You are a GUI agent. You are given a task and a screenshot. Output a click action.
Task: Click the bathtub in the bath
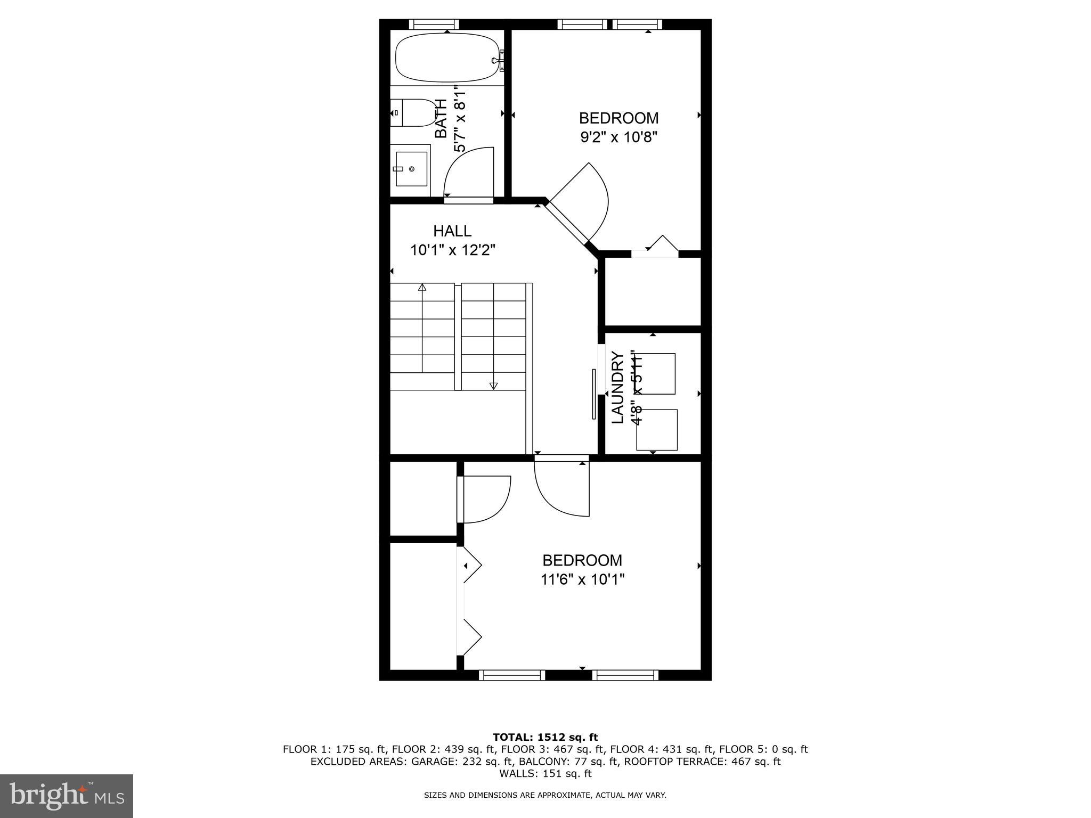pyautogui.click(x=447, y=58)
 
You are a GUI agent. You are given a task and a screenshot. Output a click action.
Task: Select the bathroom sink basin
pyautogui.click(x=411, y=169)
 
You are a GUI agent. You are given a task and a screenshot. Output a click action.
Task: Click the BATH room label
pyautogui.click(x=441, y=119)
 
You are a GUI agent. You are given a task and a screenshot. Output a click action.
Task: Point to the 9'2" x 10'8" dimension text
pyautogui.click(x=618, y=137)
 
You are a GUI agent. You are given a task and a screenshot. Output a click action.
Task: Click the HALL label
pyautogui.click(x=452, y=231)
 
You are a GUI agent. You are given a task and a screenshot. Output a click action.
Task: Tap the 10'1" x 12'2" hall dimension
pyautogui.click(x=453, y=250)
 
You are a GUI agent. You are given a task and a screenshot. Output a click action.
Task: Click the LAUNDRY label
pyautogui.click(x=617, y=387)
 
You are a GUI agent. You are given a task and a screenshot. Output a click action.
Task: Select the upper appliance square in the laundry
pyautogui.click(x=656, y=374)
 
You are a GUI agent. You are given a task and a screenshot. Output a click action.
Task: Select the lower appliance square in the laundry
pyautogui.click(x=657, y=430)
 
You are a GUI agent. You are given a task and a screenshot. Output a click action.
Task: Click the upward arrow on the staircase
pyautogui.click(x=422, y=288)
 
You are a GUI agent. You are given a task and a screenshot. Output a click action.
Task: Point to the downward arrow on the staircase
pyautogui.click(x=493, y=386)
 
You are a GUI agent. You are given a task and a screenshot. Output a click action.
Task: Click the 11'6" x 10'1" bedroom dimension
pyautogui.click(x=582, y=579)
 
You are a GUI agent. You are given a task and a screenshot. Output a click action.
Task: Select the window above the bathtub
pyautogui.click(x=434, y=24)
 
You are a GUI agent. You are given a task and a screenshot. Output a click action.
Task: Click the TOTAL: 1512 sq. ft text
pyautogui.click(x=545, y=738)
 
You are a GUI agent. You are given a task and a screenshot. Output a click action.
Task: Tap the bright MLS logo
pyautogui.click(x=67, y=796)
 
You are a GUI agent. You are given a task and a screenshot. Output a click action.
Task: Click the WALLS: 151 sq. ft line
pyautogui.click(x=545, y=773)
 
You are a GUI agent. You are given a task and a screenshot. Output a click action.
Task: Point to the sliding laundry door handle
pyautogui.click(x=593, y=394)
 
